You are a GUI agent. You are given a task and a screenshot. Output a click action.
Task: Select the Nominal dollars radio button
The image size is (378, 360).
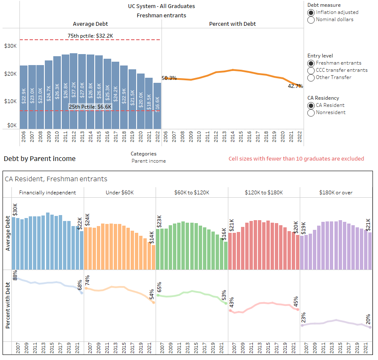coord(312,19)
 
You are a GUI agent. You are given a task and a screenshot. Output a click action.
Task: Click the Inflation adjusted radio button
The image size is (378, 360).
coord(312,13)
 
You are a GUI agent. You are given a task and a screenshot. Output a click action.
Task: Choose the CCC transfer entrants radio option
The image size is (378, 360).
coord(312,70)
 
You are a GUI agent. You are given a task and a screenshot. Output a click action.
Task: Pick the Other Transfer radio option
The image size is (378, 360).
coord(312,77)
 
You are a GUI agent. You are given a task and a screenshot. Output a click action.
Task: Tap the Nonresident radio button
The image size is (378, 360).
coord(312,113)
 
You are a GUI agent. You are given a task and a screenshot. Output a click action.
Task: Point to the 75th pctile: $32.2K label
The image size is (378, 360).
coord(90,36)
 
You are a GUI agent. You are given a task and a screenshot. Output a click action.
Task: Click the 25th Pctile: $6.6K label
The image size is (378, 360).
coord(90,107)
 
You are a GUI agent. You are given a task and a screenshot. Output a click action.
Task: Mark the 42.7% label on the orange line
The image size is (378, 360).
coord(296,86)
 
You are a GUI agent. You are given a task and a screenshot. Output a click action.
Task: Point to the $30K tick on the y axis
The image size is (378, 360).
coord(11,46)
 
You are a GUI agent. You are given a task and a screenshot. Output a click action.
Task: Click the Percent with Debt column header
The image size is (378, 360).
coord(232,24)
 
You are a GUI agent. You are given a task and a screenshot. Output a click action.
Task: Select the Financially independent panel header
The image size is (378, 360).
coord(47,193)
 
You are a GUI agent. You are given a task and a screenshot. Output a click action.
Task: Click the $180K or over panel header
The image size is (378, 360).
coord(336,193)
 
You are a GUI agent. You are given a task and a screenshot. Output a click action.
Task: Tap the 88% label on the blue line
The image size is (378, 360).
coord(15,275)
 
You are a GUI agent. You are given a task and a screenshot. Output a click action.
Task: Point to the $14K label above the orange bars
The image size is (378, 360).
coord(151,237)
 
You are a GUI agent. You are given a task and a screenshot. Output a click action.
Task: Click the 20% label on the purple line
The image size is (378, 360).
coord(368,319)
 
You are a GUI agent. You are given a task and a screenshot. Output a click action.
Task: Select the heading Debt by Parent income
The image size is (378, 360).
coord(40,159)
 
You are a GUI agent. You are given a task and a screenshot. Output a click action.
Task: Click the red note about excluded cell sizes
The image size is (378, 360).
coord(296,159)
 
